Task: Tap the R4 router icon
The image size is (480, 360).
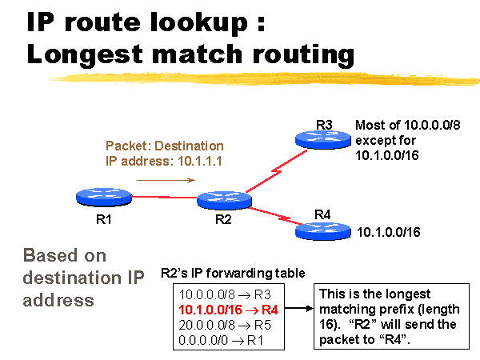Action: coord(324,230)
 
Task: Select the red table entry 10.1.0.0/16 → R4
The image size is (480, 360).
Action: coord(228,309)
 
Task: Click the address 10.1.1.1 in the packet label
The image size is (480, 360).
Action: coord(194,161)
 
